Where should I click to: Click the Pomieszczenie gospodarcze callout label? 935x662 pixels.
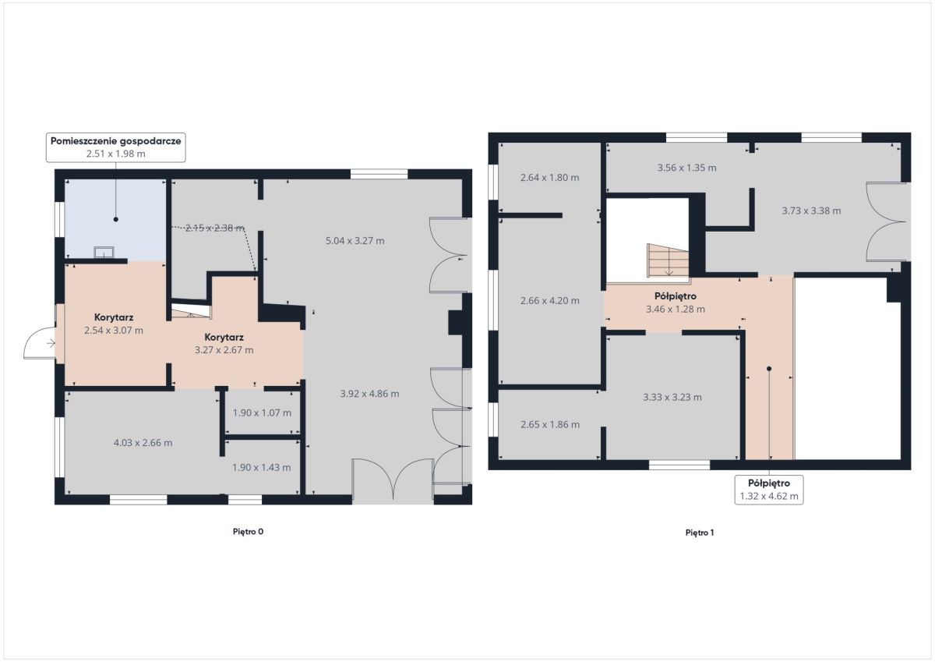[x=115, y=147]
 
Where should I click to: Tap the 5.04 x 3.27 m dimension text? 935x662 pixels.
[x=355, y=241]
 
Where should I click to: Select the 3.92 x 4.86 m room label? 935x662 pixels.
[x=369, y=394]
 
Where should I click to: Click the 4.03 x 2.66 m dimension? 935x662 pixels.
[x=143, y=443]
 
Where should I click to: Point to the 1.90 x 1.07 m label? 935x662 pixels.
[x=262, y=412]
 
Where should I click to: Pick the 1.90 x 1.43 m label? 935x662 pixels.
[x=261, y=467]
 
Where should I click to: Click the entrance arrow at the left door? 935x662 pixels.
[x=51, y=343]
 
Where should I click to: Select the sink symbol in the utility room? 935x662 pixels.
[x=104, y=253]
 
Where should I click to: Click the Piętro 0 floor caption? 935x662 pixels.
[x=248, y=532]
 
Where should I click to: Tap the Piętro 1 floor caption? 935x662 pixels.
[x=700, y=533]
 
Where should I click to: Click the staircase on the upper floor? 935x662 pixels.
[x=668, y=260]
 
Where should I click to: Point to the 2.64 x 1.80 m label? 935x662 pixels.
[x=550, y=178]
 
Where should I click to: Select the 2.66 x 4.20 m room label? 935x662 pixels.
[x=550, y=300]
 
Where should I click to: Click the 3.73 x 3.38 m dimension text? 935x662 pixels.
[x=811, y=211]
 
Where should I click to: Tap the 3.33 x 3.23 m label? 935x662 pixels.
[x=672, y=397]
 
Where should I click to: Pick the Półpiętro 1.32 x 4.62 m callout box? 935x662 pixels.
[x=769, y=490]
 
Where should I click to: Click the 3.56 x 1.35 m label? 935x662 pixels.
[x=686, y=168]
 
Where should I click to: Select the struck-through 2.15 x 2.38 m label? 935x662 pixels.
[x=214, y=228]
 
